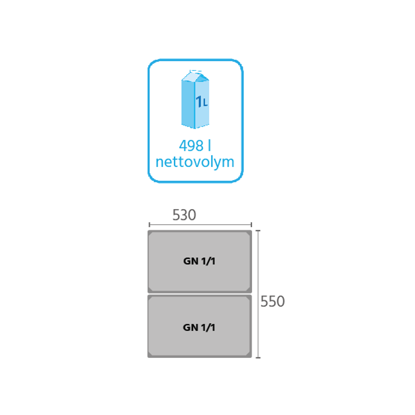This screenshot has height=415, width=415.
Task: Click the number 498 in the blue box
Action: tap(191, 146)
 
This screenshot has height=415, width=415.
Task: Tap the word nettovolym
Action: tap(195, 162)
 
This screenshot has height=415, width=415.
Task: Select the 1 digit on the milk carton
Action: tap(199, 101)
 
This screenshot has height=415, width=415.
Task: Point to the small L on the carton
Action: tap(205, 103)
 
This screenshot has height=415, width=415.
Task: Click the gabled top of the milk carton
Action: tap(196, 76)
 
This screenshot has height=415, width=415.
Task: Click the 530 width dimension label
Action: tap(184, 215)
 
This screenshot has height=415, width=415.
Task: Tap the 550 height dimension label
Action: tap(272, 301)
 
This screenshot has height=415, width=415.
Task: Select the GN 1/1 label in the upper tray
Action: tap(199, 261)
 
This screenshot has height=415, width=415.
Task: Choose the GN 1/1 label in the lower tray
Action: tap(199, 328)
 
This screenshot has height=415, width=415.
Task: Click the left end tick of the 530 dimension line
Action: tap(149, 225)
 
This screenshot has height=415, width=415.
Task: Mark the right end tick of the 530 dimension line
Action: tap(251, 225)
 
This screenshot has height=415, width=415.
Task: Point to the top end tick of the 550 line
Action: tap(258, 231)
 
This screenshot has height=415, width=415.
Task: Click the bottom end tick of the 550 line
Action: tap(258, 357)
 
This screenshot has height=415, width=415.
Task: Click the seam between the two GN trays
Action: tap(200, 294)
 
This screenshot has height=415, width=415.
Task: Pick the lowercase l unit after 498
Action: tap(210, 145)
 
